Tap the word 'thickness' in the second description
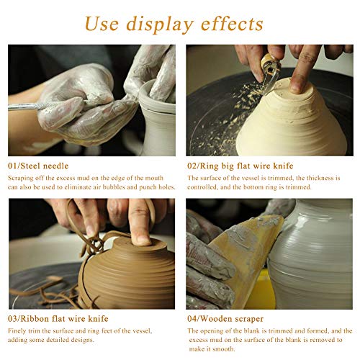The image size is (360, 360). click(313, 177)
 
